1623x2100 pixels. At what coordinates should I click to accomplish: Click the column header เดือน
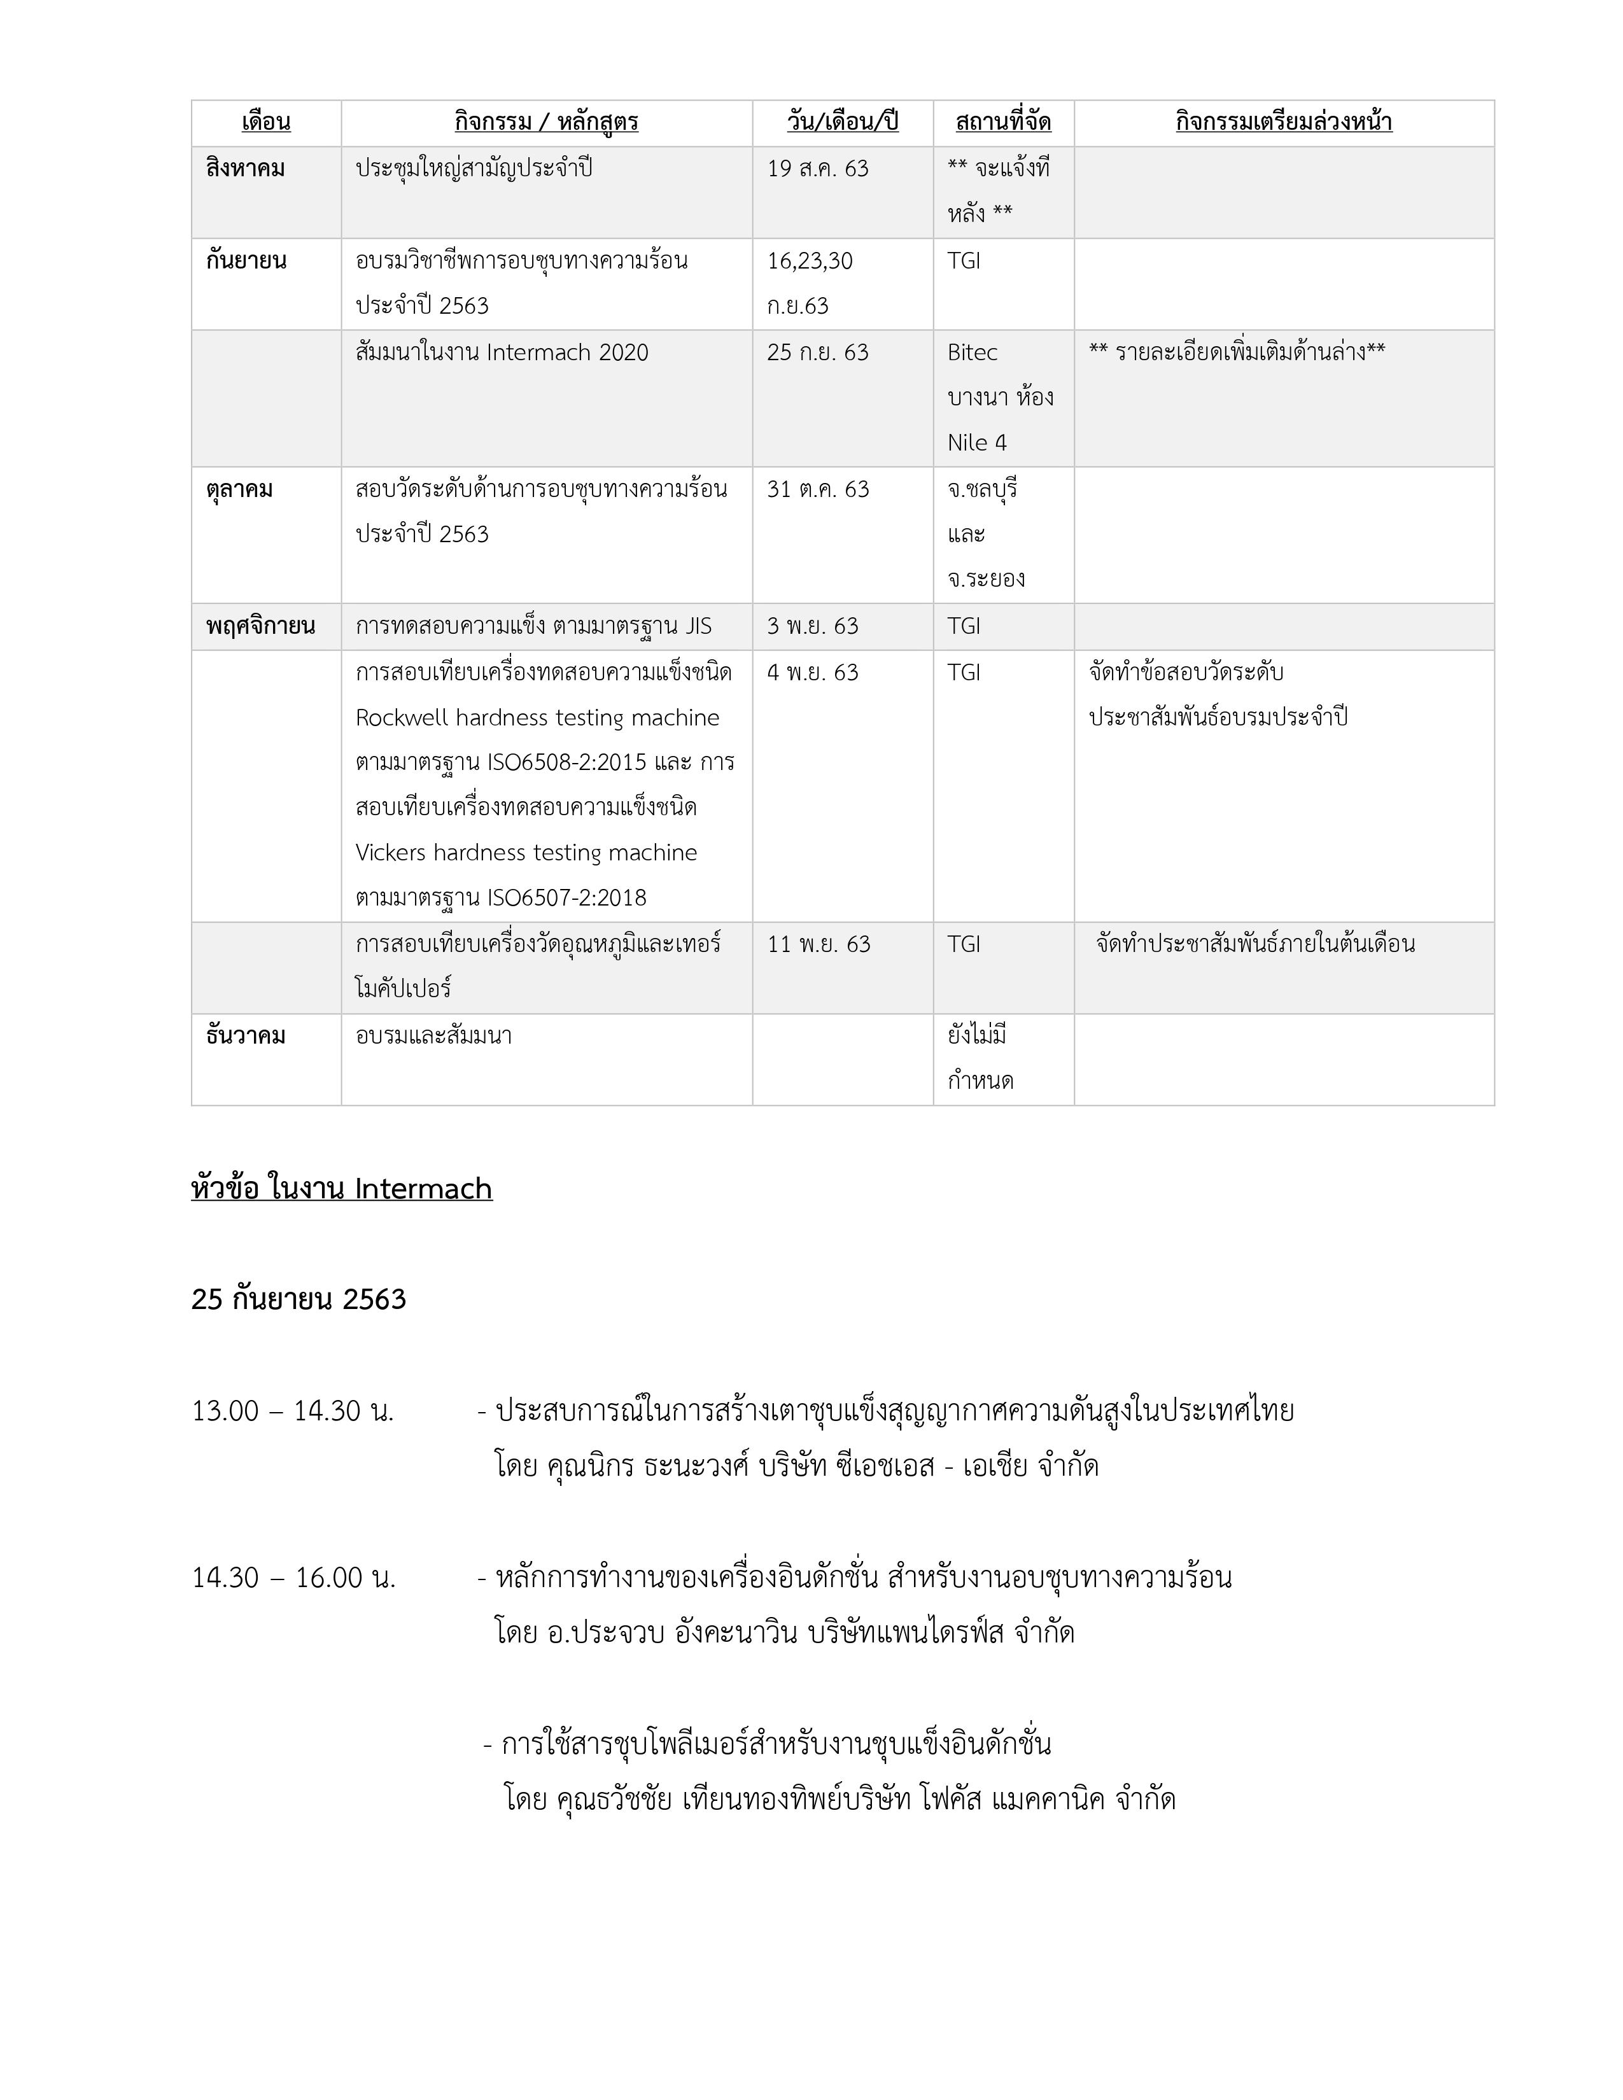(265, 122)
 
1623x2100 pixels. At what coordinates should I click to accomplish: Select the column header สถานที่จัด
(1003, 122)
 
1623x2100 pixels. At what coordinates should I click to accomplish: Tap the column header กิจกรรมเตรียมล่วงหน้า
(1284, 122)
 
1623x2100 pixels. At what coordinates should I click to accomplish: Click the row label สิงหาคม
(245, 168)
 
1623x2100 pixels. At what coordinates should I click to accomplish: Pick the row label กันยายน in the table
(246, 260)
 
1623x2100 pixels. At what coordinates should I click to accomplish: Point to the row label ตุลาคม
(239, 489)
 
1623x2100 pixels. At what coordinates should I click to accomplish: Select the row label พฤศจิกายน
(260, 627)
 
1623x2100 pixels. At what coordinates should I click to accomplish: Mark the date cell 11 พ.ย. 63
(819, 944)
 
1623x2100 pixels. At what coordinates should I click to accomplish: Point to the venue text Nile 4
(977, 444)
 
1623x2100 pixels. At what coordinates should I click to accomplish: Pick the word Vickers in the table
(390, 853)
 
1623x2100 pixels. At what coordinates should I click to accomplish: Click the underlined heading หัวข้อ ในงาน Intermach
(341, 1189)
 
